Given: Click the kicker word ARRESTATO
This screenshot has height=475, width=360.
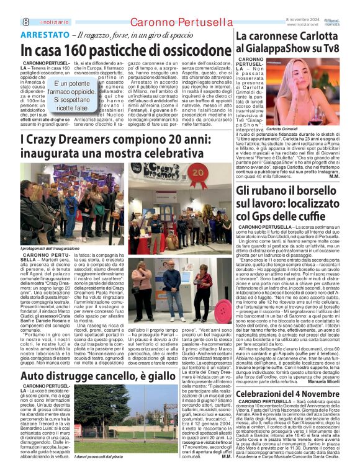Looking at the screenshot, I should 44,36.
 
